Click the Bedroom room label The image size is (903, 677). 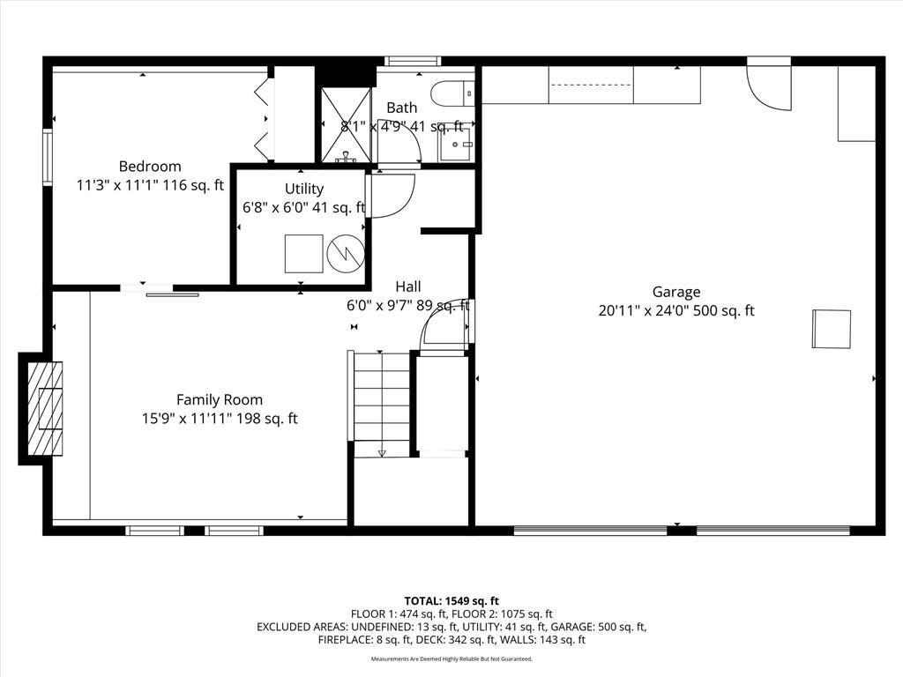tap(150, 167)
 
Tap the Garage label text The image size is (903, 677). tap(676, 292)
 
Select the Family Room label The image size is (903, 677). tap(220, 399)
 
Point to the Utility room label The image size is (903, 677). tap(304, 189)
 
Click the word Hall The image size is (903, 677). tap(407, 286)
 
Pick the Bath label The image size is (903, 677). tap(402, 108)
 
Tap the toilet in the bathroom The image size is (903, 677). tap(452, 93)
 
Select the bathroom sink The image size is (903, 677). tap(456, 144)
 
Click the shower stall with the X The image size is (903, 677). tap(346, 125)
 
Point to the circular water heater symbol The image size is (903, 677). tap(346, 253)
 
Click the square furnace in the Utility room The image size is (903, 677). tap(304, 253)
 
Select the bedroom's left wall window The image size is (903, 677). tap(48, 157)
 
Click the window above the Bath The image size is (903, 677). tap(413, 61)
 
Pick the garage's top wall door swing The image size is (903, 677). tap(769, 84)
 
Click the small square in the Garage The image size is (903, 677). tap(832, 329)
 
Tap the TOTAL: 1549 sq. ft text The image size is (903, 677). tap(451, 601)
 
